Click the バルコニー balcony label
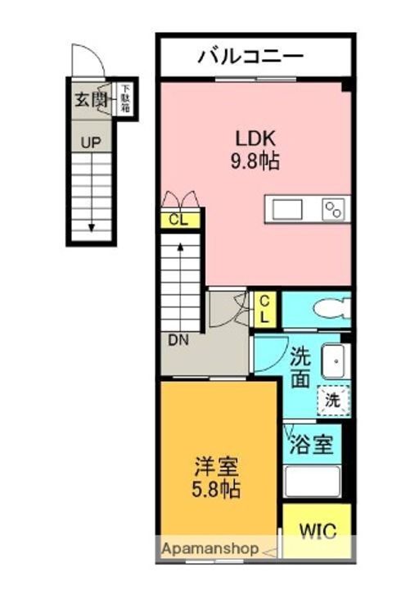250,57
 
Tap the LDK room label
255,138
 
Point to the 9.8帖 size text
255,161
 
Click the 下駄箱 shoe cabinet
125,99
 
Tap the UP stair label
91,143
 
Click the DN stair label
178,341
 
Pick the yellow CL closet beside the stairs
180,220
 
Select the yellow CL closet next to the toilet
265,310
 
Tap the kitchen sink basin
287,209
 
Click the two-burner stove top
334,210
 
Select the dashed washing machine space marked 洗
333,400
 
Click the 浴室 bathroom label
312,444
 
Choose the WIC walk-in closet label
318,531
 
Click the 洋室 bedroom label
216,467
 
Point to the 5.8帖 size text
216,490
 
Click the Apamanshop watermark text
210,548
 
